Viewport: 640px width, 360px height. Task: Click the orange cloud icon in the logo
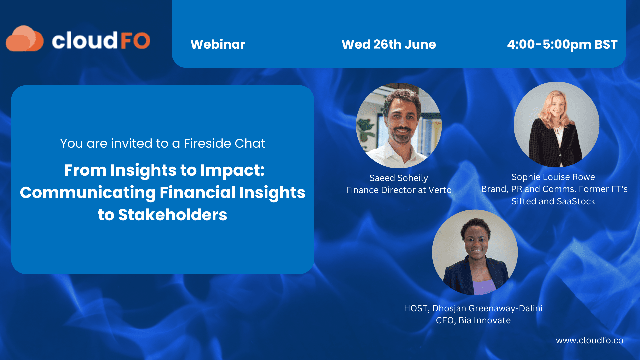click(24, 39)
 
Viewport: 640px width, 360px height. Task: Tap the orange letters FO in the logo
click(135, 41)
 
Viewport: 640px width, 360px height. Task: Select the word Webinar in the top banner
click(218, 44)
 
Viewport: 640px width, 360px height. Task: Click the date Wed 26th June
click(389, 44)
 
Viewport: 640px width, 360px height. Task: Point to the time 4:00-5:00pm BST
click(562, 44)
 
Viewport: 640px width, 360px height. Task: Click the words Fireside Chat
click(224, 143)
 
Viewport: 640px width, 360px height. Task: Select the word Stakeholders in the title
click(172, 215)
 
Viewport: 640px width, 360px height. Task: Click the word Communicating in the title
click(88, 192)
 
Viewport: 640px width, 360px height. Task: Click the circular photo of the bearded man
click(399, 125)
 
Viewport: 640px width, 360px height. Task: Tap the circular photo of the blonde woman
click(556, 124)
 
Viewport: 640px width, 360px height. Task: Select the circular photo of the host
click(475, 252)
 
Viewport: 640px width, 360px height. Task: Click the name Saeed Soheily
click(398, 178)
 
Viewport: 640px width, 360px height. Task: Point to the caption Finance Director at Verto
click(399, 190)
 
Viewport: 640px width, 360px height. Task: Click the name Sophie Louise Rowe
click(553, 177)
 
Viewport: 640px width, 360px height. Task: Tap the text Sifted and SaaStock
click(553, 201)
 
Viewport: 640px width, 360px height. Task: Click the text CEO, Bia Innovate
click(473, 320)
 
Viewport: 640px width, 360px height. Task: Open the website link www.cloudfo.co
click(589, 340)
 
